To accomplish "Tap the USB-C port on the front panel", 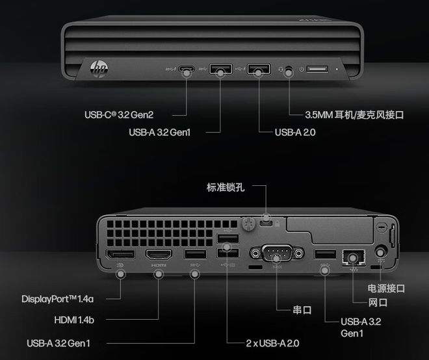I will (x=187, y=68).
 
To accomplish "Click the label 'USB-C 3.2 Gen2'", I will (x=118, y=115).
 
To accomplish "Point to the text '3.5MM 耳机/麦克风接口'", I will (x=354, y=115).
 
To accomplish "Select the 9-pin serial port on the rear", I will (x=276, y=253).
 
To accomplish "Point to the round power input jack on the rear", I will (x=381, y=251).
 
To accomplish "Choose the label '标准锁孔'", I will (x=225, y=188).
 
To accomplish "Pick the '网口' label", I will (x=378, y=302).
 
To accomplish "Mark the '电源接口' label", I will (x=386, y=288).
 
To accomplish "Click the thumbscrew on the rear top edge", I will (x=247, y=223).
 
